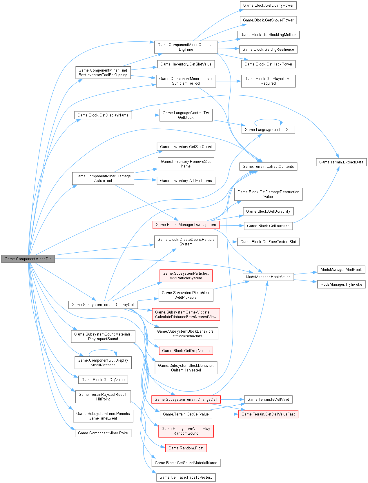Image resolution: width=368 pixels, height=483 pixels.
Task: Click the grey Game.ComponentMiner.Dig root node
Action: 28,259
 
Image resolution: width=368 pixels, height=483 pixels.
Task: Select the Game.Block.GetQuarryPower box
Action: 268,5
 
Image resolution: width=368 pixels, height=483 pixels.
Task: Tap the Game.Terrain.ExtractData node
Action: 341,162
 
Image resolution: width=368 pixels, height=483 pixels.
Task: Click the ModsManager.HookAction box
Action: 268,277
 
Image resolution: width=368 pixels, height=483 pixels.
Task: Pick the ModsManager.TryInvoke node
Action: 341,284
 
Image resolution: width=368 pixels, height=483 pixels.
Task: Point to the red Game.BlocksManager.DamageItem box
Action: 186,225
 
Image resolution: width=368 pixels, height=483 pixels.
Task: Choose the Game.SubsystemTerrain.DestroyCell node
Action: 103,305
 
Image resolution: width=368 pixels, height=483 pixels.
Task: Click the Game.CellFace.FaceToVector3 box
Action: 186,477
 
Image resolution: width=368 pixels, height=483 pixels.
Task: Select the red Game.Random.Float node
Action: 186,448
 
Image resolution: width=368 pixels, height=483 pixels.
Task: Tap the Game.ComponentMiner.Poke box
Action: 103,433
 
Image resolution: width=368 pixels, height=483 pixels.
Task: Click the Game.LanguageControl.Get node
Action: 268,130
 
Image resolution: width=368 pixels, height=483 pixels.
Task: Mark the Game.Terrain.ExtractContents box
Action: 268,166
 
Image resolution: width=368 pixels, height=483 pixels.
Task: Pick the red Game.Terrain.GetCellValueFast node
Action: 268,414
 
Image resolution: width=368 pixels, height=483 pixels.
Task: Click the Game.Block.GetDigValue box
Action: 103,380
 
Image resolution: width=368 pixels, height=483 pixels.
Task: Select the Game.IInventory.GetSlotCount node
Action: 186,147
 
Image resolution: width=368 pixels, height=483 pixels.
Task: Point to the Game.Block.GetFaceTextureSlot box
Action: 268,242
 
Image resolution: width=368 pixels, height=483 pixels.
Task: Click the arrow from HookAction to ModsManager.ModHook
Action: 304,273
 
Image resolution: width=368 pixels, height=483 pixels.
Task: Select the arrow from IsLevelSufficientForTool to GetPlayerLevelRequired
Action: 228,81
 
